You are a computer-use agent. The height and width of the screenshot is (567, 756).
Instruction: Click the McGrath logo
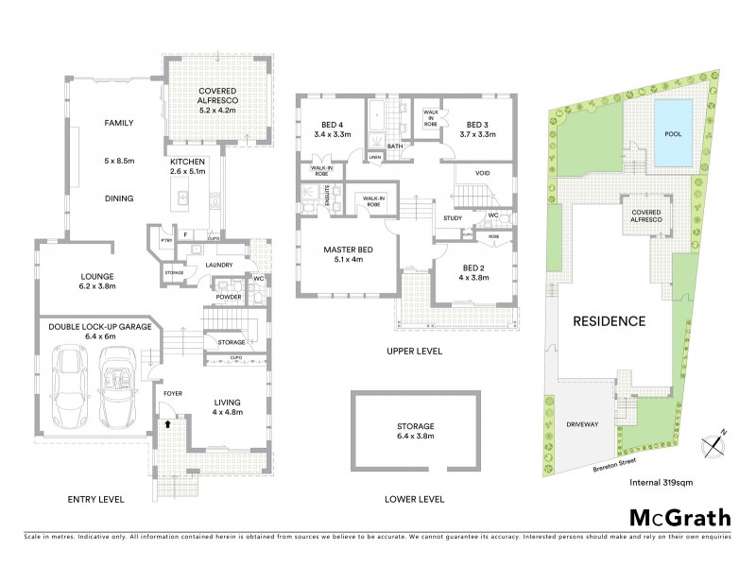point(679,517)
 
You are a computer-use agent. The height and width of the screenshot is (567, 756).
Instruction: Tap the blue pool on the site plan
point(674,133)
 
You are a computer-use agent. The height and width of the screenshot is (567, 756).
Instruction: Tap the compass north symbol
point(713,444)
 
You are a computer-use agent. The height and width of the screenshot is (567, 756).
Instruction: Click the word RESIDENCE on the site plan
point(610,321)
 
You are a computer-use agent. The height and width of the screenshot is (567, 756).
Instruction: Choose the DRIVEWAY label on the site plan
point(582,425)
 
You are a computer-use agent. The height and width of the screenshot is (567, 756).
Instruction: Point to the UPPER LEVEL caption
point(415,351)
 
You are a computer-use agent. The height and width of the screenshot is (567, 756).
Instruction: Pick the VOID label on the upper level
point(482,174)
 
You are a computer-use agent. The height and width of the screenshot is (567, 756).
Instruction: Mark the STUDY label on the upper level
point(453,218)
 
